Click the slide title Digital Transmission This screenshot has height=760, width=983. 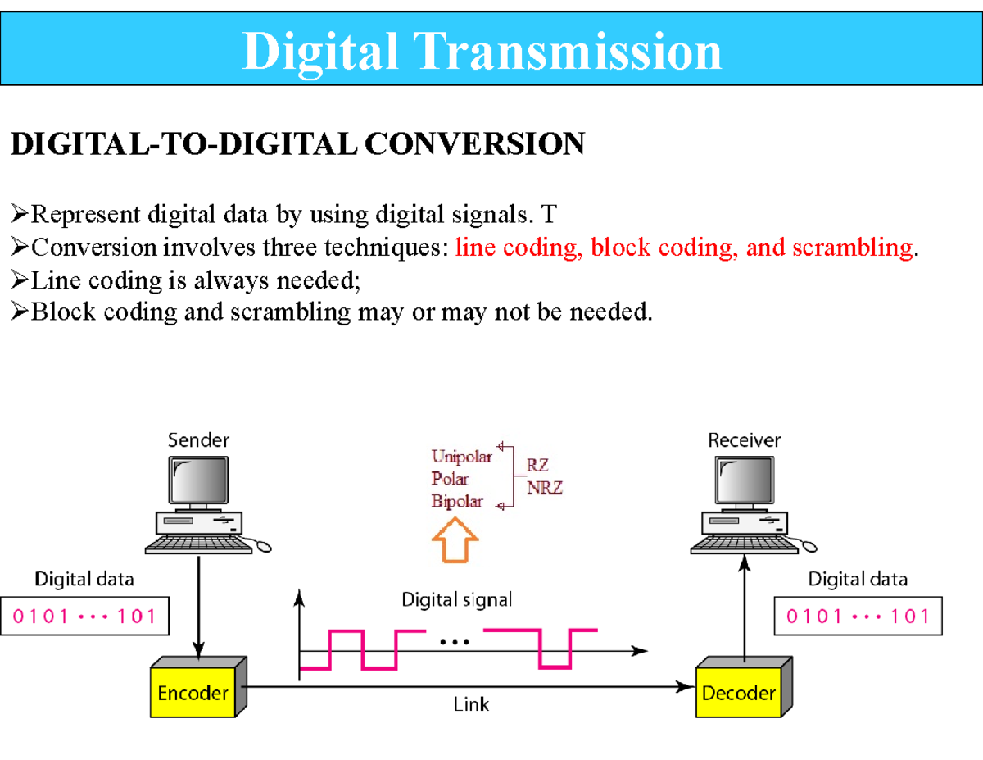482,51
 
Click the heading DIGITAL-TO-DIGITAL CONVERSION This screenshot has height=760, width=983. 297,144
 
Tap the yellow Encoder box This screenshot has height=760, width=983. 193,693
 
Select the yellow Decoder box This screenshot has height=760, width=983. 738,693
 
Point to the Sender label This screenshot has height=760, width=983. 199,440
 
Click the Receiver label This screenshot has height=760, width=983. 744,440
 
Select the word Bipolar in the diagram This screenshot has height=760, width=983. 457,502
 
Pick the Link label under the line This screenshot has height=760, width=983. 471,704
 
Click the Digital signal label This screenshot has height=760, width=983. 456,600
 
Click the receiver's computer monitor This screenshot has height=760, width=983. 744,482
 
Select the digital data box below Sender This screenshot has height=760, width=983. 84,616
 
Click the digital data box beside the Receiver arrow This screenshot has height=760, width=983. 858,616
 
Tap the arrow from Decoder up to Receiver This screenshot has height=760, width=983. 744,607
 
